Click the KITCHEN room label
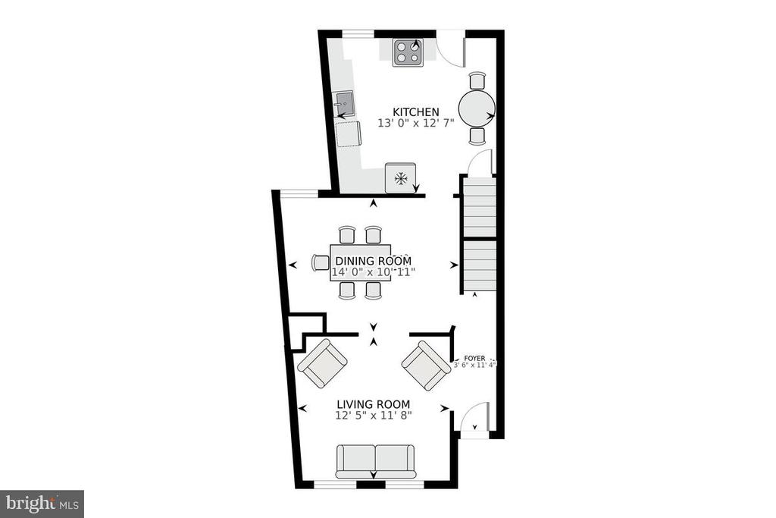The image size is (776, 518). pyautogui.click(x=416, y=112)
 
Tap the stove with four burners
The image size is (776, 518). pyautogui.click(x=408, y=52)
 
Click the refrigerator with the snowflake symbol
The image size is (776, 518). pyautogui.click(x=400, y=177)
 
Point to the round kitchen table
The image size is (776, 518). pyautogui.click(x=477, y=108)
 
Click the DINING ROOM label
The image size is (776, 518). pyautogui.click(x=373, y=261)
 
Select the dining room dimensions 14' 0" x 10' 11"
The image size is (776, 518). pyautogui.click(x=373, y=272)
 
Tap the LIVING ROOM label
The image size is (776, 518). pyautogui.click(x=374, y=404)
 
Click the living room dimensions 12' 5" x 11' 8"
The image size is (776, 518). pyautogui.click(x=374, y=416)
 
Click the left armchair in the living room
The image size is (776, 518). pyautogui.click(x=322, y=363)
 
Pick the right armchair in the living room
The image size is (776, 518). pyautogui.click(x=426, y=366)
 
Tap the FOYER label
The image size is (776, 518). pyautogui.click(x=474, y=358)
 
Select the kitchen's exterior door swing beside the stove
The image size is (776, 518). pyautogui.click(x=452, y=49)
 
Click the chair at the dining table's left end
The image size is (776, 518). pyautogui.click(x=321, y=262)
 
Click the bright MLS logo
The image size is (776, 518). pyautogui.click(x=42, y=504)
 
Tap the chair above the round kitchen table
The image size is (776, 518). pyautogui.click(x=477, y=80)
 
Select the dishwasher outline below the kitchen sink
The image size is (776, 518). pyautogui.click(x=349, y=134)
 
